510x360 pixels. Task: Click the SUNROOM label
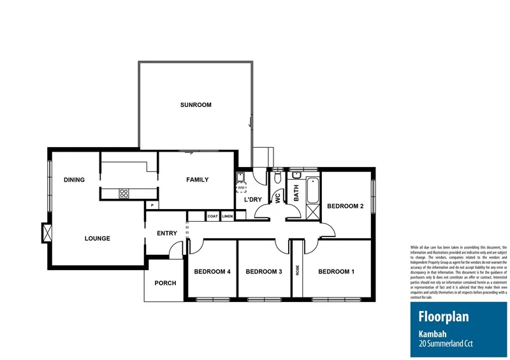pyautogui.click(x=195, y=105)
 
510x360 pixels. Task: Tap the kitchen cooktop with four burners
pyautogui.click(x=124, y=194)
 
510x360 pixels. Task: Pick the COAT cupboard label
pyautogui.click(x=212, y=217)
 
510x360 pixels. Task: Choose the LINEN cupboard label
pyautogui.click(x=228, y=217)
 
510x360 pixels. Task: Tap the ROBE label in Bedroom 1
pyautogui.click(x=297, y=270)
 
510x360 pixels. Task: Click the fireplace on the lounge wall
pyautogui.click(x=46, y=233)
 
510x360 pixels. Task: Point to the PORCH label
pyautogui.click(x=165, y=283)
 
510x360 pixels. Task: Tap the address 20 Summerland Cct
pyautogui.click(x=446, y=345)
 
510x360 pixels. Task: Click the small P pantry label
pyautogui.click(x=152, y=205)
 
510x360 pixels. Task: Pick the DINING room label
pyautogui.click(x=74, y=180)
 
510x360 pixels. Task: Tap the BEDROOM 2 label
pyautogui.click(x=345, y=206)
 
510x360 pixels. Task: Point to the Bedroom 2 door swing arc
pyautogui.click(x=326, y=231)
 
